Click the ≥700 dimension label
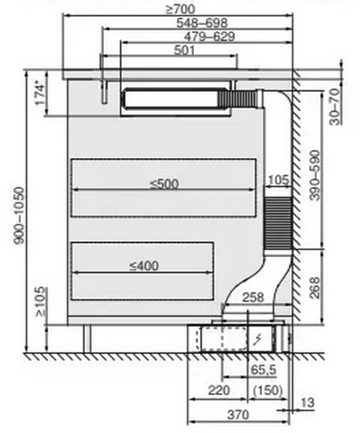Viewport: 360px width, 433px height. pos(181,10)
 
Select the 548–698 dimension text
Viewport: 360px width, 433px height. pos(202,23)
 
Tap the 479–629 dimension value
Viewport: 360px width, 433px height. pos(209,36)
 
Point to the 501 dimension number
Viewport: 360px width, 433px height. pos(184,50)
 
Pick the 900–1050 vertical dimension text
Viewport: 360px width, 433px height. pos(20,215)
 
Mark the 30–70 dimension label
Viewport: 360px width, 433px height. pos(335,107)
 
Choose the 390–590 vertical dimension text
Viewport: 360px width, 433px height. pos(315,175)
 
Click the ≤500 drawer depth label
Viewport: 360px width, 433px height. pos(164,184)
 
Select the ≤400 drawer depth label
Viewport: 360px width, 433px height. pos(144,266)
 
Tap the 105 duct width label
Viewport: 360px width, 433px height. pos(278,180)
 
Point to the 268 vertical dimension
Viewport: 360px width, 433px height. pos(315,288)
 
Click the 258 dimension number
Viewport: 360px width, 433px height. pos(253,298)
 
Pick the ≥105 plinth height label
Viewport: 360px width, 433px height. pos(41,301)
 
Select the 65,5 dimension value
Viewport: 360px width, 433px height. pos(264,370)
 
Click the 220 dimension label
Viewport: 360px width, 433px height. pos(219,391)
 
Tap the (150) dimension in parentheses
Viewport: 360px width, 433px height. pos(267,391)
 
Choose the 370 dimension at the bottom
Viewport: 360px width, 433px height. pos(238,415)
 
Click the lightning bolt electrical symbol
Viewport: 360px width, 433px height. pos(258,340)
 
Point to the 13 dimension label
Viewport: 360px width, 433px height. pos(307,403)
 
